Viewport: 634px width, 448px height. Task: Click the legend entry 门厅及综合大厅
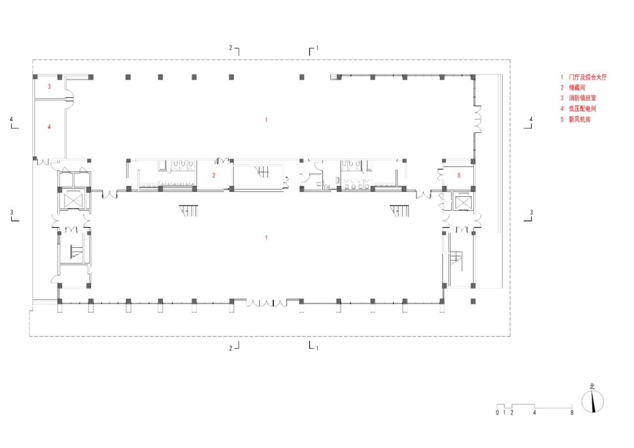pyautogui.click(x=587, y=77)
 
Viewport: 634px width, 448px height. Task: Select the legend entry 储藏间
pyautogui.click(x=577, y=87)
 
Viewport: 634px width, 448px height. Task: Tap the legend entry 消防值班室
pyautogui.click(x=582, y=98)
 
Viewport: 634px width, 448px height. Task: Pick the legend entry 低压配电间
pyautogui.click(x=582, y=109)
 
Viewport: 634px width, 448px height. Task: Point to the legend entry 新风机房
pyautogui.click(x=580, y=119)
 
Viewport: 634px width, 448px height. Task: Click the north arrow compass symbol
pyautogui.click(x=592, y=401)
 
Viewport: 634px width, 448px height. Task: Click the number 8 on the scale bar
pyautogui.click(x=572, y=412)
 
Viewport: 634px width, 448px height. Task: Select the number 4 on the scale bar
pyautogui.click(x=534, y=412)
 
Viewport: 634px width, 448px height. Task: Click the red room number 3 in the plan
pyautogui.click(x=49, y=87)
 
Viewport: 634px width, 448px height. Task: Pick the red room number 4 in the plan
pyautogui.click(x=49, y=127)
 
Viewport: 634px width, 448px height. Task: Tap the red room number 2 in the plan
pyautogui.click(x=213, y=175)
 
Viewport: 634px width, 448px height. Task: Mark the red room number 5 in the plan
pyautogui.click(x=459, y=175)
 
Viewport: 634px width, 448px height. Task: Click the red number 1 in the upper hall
pyautogui.click(x=266, y=119)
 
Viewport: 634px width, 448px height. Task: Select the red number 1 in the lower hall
pyautogui.click(x=266, y=238)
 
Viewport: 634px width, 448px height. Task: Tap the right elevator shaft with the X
pyautogui.click(x=462, y=202)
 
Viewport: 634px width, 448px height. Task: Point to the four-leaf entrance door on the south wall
pyautogui.click(x=266, y=302)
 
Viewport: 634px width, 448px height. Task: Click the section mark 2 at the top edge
pyautogui.click(x=231, y=48)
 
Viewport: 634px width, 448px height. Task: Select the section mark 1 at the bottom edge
pyautogui.click(x=317, y=348)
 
